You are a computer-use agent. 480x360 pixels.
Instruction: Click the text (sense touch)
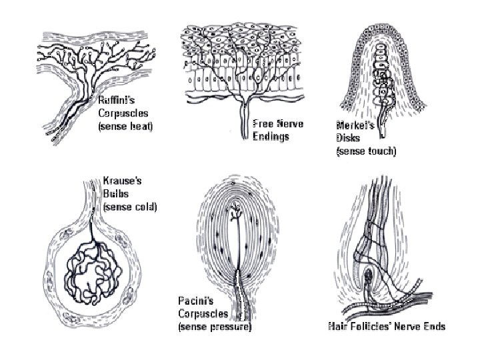pos(366,151)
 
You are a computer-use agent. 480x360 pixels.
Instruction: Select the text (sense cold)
pos(130,206)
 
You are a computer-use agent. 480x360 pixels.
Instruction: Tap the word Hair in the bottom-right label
pos(339,326)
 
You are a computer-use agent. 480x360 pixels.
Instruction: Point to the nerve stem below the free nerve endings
pos(245,124)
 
